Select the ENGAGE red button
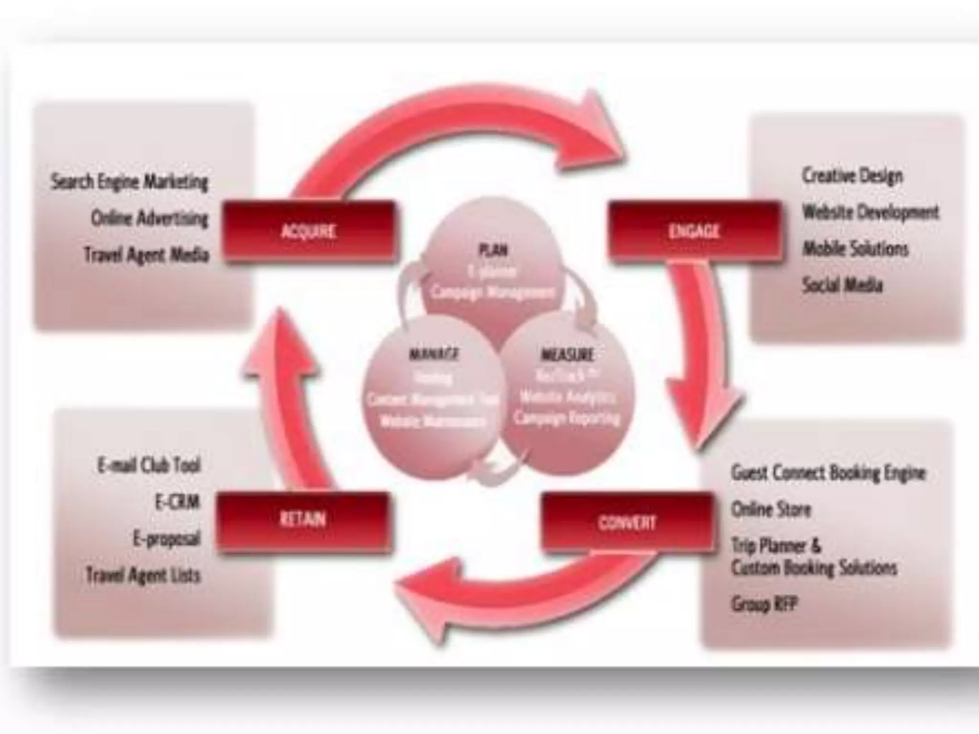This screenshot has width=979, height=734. (694, 232)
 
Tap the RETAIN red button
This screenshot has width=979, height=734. (303, 519)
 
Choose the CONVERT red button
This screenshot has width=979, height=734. (627, 522)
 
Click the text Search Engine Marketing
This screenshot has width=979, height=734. (130, 182)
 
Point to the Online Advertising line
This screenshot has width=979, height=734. (150, 218)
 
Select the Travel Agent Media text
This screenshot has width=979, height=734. (147, 255)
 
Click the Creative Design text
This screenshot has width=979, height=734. (852, 176)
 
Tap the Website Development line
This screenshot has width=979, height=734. (870, 212)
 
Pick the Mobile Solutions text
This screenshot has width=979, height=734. (855, 248)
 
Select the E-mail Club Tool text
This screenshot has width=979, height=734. (149, 465)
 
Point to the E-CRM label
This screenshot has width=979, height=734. (177, 502)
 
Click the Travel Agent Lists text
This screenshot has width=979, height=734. (143, 575)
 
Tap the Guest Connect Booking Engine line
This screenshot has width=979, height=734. (828, 473)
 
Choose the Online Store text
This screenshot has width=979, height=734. (771, 509)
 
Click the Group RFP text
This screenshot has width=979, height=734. (764, 604)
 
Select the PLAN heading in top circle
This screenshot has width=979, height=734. (493, 250)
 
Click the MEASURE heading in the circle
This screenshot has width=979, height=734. (567, 355)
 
